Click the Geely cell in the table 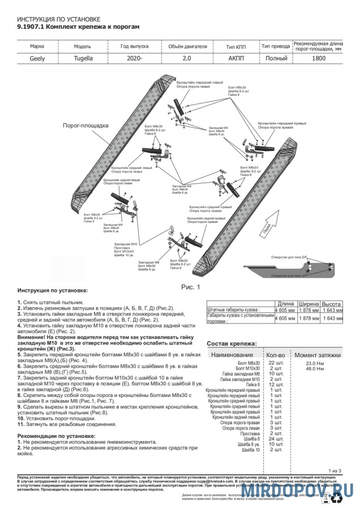click(x=37, y=58)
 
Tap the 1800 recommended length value click(x=319, y=58)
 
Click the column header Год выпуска click(x=134, y=47)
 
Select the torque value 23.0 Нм click(x=315, y=363)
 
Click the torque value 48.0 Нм click(x=315, y=369)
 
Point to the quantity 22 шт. click(x=276, y=363)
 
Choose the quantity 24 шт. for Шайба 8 click(x=276, y=439)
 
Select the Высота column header click(x=331, y=304)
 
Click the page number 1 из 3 click(x=336, y=471)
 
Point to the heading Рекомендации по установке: click(x=56, y=436)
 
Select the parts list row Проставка click(x=250, y=433)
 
